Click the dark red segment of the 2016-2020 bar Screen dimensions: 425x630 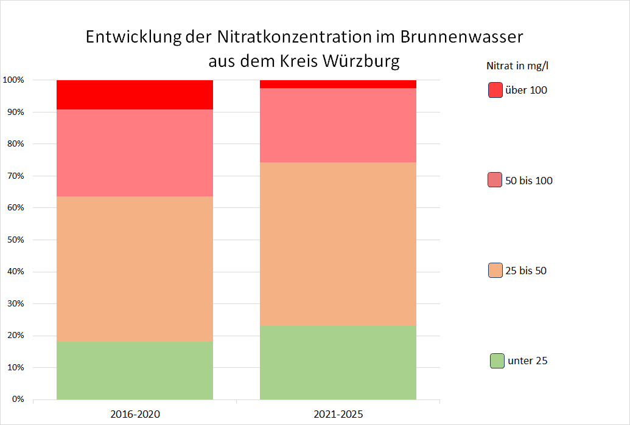pos(135,95)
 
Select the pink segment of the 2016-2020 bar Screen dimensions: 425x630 pos(135,153)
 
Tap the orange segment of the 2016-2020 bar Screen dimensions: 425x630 pos(135,268)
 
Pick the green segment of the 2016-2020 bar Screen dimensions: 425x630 pos(135,370)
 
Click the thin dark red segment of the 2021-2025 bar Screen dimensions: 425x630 pos(338,84)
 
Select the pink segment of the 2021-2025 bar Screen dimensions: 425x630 pos(338,125)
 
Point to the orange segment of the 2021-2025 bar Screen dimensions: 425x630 pos(338,243)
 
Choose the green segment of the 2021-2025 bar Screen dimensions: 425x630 pos(338,362)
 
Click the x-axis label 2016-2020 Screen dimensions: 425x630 pos(135,414)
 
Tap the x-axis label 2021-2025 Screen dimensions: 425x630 pos(338,414)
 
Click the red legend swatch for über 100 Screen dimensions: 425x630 pos(495,90)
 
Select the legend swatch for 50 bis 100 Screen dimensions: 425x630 pos(495,180)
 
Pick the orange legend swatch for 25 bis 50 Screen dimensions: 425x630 pos(495,270)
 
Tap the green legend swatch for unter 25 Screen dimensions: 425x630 pos(497,361)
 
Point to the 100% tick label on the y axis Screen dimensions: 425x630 pos(13,80)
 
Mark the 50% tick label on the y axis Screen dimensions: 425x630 pos(15,240)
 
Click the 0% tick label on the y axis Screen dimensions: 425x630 pos(17,399)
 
